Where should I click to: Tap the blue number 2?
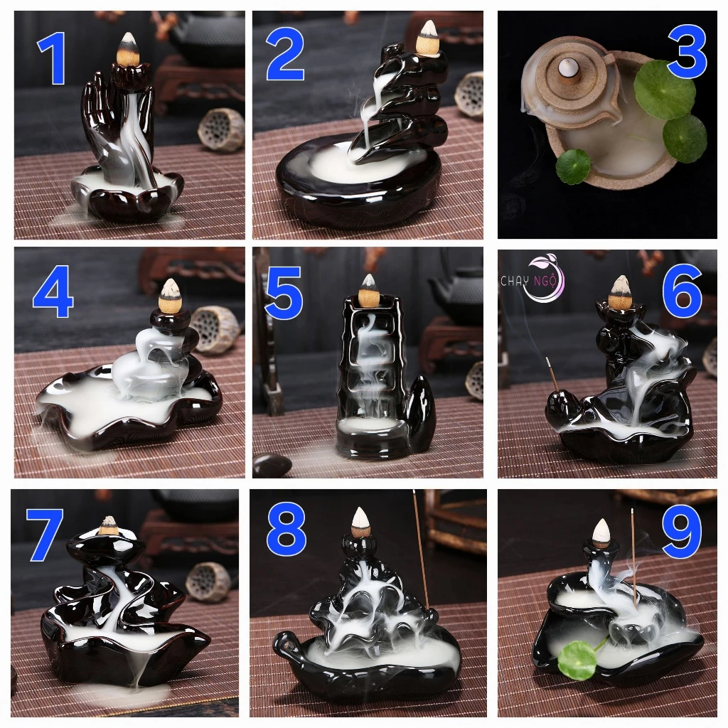[x=285, y=55]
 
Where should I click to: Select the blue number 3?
[x=687, y=53]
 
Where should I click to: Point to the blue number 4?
[x=53, y=292]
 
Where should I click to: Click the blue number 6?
[x=682, y=291]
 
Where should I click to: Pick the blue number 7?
[x=45, y=535]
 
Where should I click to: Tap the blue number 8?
[x=286, y=530]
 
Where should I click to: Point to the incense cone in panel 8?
[x=360, y=523]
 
